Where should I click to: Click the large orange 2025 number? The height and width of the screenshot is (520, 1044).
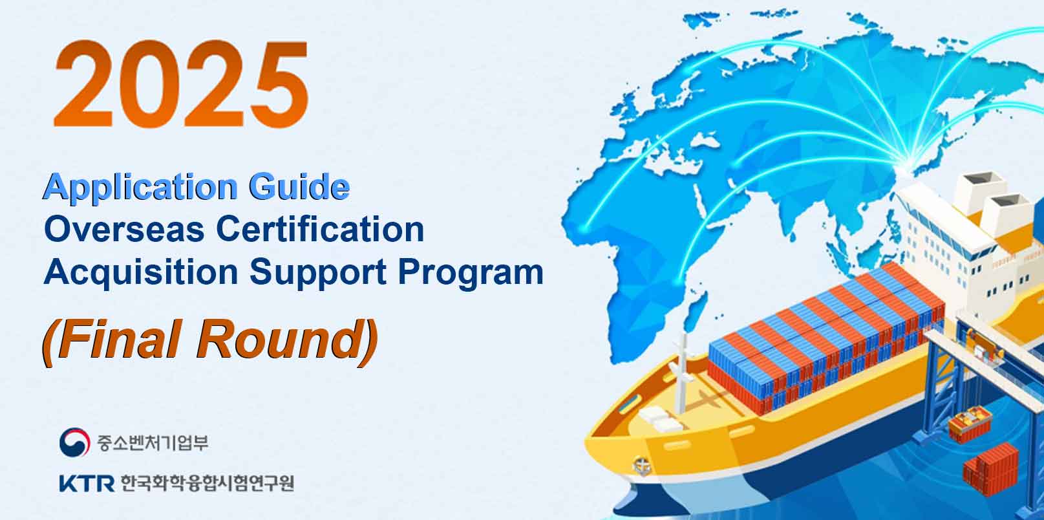coord(181,84)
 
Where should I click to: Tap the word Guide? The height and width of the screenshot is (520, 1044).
coord(299,186)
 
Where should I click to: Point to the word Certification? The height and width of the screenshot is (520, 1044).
coord(320,230)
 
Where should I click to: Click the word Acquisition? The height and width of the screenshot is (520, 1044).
coord(141,273)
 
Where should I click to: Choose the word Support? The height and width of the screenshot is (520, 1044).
coord(318,274)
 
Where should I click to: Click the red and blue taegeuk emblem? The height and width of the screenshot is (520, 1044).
coord(74,442)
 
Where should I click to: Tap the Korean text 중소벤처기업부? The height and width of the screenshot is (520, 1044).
coord(153,442)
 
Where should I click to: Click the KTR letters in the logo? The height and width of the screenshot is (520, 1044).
coord(87,483)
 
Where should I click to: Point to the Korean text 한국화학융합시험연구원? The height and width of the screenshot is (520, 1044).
coord(208,483)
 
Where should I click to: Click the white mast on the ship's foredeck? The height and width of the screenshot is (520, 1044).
coord(681,373)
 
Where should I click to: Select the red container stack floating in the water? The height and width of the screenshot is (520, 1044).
coord(992,469)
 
